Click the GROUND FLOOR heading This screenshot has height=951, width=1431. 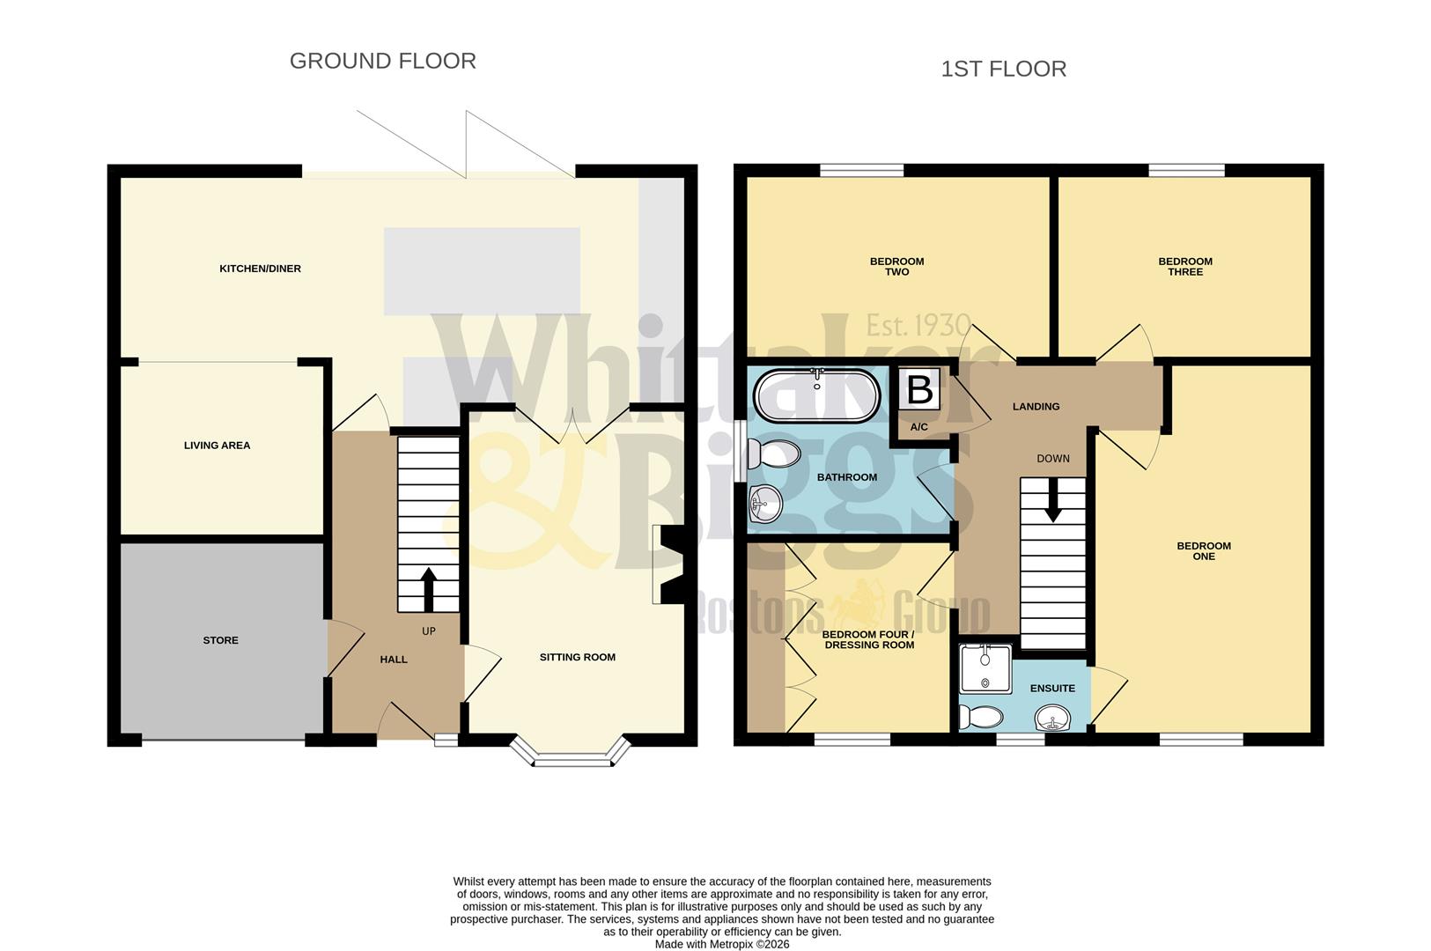point(382,61)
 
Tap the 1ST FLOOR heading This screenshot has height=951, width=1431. point(1003,69)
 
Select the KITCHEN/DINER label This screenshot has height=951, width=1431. point(260,269)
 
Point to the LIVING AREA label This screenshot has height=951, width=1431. point(217,446)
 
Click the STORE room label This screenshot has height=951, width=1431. point(220,640)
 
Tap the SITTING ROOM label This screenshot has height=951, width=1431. point(577,657)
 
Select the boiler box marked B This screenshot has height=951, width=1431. point(919,389)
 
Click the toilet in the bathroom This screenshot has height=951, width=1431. point(776,454)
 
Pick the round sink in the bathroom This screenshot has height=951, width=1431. point(764,505)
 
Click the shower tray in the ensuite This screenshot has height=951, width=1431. point(985,668)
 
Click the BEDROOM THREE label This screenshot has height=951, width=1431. point(1184,267)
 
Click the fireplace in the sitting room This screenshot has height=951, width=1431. point(668,564)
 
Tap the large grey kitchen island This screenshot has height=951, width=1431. point(482,271)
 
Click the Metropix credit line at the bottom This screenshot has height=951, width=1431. point(722,944)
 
